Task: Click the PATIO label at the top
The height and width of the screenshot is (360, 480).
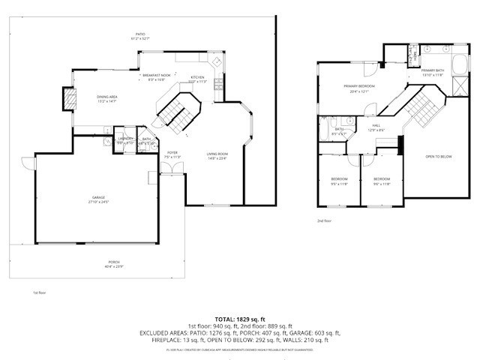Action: (139, 34)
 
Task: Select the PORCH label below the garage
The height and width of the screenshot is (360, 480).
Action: (114, 262)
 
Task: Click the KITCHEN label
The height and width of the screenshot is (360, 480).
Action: (197, 77)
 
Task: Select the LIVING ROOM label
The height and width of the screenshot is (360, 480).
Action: (217, 154)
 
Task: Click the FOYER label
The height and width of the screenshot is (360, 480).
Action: (172, 153)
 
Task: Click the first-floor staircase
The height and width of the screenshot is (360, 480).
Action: (174, 109)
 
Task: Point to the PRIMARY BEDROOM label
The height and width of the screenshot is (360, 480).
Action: (359, 86)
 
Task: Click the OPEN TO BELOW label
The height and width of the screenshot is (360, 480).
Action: (438, 156)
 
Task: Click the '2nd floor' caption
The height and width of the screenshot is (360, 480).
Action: (324, 220)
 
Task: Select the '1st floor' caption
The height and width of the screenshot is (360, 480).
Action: (39, 292)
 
